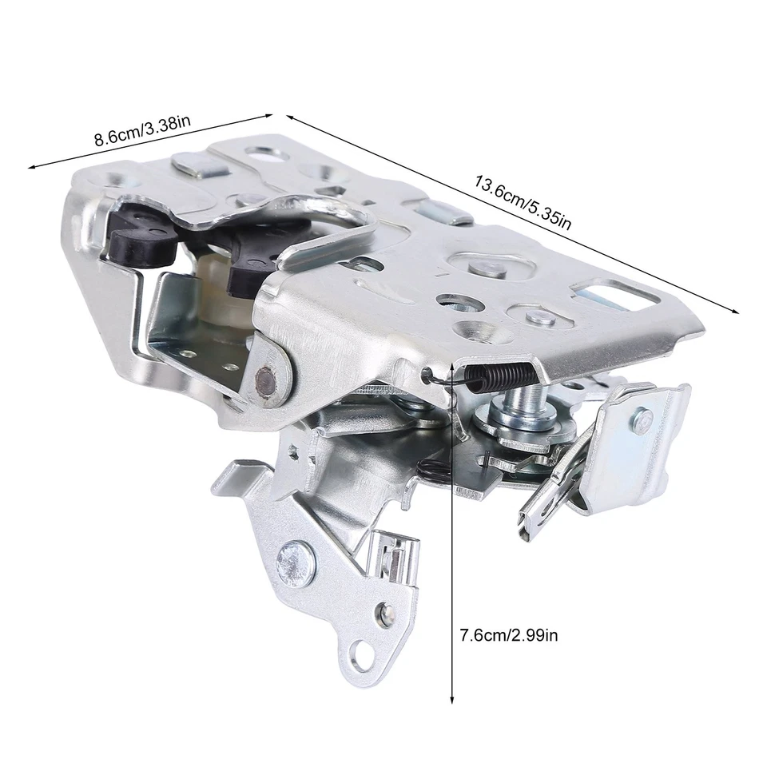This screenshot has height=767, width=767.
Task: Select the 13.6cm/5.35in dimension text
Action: pos(523,201)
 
